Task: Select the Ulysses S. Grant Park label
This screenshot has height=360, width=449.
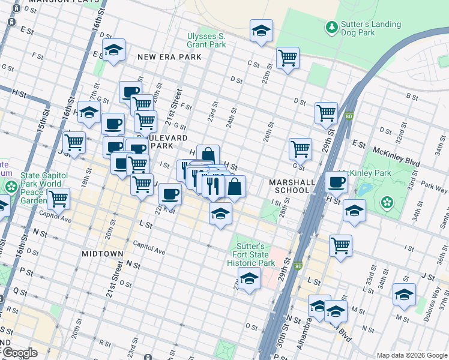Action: (x=206, y=40)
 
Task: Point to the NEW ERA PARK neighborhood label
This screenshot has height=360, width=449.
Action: (x=168, y=57)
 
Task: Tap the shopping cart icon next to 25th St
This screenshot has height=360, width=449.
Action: (x=288, y=58)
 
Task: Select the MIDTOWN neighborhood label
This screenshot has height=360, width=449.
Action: (x=102, y=254)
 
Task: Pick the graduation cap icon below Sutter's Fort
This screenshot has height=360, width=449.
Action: (x=249, y=278)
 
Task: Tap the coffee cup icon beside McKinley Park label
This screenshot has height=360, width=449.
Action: (x=336, y=182)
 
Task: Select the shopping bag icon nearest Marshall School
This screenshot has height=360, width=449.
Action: (x=235, y=187)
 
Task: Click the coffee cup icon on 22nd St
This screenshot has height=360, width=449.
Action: (x=170, y=194)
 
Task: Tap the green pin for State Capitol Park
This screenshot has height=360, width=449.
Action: (x=10, y=186)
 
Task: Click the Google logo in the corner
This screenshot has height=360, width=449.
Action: (x=19, y=353)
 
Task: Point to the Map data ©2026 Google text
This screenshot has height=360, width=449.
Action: (x=412, y=355)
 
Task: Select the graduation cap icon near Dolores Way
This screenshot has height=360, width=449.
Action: (x=404, y=294)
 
